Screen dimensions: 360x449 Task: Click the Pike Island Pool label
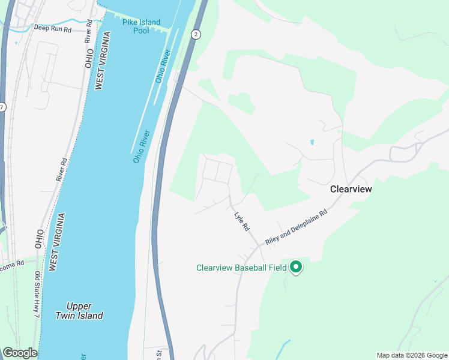[141, 26]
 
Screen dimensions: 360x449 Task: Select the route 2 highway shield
[196, 35]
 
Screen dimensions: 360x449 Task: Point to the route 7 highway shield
[2, 107]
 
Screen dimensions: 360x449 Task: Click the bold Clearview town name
[351, 188]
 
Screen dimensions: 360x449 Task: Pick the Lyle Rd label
[241, 220]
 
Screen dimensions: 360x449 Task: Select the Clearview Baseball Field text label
[241, 268]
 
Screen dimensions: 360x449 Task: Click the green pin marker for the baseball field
[295, 266]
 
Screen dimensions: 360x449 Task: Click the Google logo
[20, 353]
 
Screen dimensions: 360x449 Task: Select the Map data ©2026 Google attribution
[412, 355]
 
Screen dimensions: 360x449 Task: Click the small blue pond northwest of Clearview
[312, 143]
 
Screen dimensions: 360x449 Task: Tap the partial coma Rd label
[11, 263]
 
